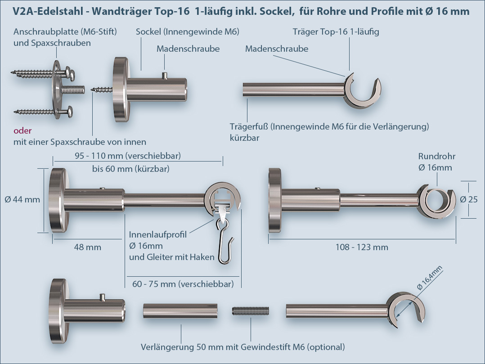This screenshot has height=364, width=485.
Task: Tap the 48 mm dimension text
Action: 87,247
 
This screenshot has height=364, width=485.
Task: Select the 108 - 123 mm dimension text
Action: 362,247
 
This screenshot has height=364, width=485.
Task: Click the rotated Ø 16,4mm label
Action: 430,278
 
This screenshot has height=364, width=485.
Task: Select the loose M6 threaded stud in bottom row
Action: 251,311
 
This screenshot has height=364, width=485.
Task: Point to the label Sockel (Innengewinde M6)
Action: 187,31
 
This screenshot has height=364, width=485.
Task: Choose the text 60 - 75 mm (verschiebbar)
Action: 183,284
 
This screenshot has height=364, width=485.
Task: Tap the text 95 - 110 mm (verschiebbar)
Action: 128,156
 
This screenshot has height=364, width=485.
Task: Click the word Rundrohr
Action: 436,157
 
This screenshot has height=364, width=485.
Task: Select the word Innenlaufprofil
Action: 157,234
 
